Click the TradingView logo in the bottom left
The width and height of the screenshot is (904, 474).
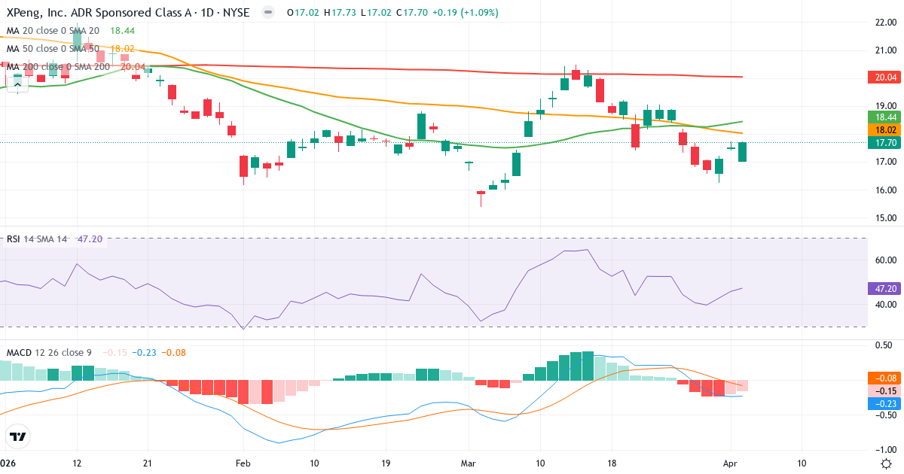coord(18,436)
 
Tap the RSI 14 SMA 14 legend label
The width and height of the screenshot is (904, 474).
coord(37,239)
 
